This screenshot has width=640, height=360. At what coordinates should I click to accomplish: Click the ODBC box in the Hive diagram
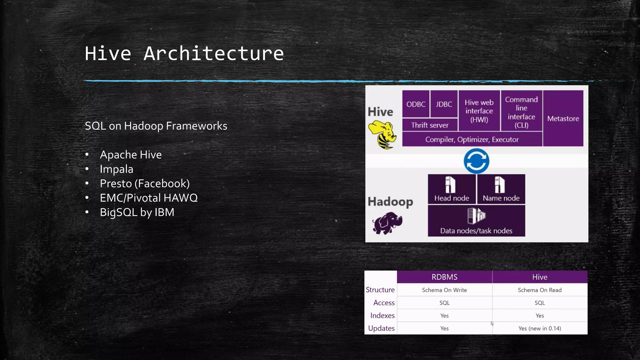[x=416, y=104]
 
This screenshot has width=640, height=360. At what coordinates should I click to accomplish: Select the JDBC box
[x=444, y=104]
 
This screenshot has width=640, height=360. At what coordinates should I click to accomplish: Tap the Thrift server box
[x=430, y=125]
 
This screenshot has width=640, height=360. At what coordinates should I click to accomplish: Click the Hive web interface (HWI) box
[x=479, y=111]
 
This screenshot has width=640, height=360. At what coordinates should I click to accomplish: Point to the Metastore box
[x=563, y=118]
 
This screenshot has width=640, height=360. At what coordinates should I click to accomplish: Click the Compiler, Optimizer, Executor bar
[x=472, y=139]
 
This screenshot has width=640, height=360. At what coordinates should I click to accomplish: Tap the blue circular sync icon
[x=476, y=161]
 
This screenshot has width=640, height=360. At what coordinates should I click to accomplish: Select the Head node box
[x=452, y=189]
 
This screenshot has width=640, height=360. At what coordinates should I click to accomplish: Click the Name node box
[x=501, y=189]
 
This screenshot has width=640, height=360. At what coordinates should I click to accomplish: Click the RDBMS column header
[x=444, y=277]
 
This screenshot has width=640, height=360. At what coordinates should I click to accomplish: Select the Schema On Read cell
[x=540, y=290]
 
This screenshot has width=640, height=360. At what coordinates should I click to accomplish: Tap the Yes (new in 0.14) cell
[x=540, y=328]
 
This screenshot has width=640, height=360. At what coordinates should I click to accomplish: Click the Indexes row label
[x=382, y=316]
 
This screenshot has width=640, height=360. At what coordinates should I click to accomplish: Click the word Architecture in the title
[x=213, y=53]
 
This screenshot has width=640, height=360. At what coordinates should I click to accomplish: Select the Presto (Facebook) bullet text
[x=145, y=183]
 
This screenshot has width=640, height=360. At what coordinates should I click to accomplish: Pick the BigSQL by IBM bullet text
[x=137, y=212]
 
